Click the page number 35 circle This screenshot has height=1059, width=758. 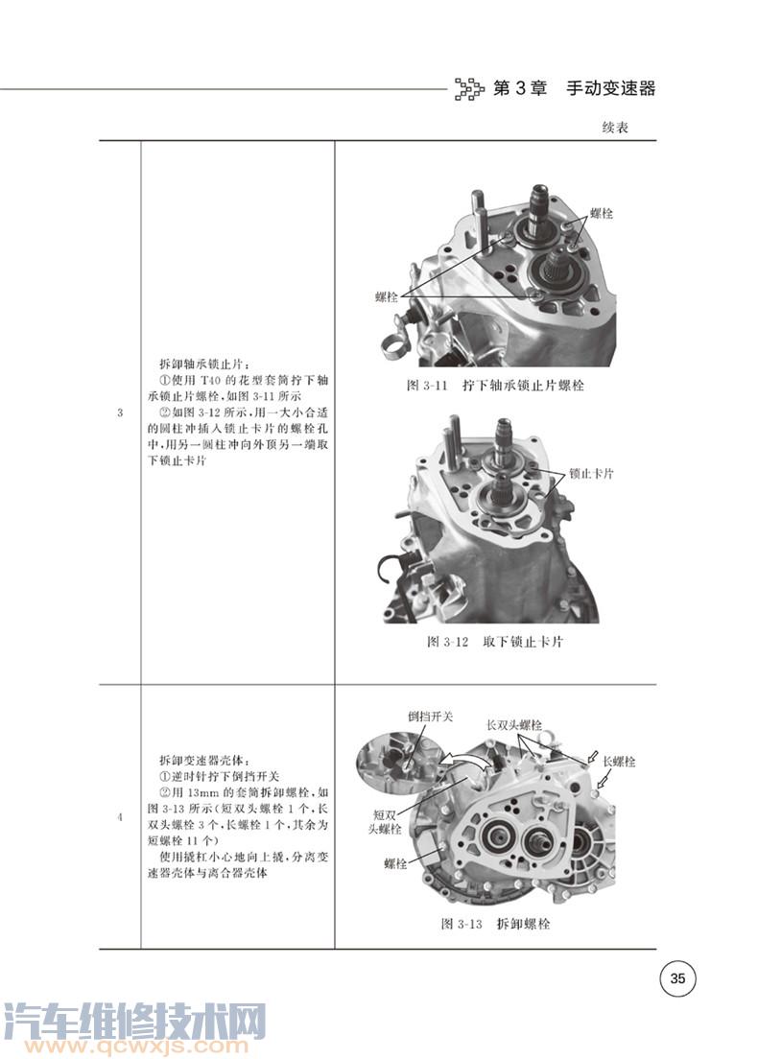tap(677, 977)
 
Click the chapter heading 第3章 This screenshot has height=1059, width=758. tap(519, 88)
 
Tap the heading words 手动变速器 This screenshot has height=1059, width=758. tap(611, 88)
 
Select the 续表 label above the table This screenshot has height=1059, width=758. tap(615, 127)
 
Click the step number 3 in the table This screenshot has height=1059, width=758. tap(120, 412)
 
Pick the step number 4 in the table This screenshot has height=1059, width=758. tap(120, 816)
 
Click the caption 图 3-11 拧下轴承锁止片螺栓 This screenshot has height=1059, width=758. tap(495, 386)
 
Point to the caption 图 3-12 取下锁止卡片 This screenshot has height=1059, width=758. tap(495, 642)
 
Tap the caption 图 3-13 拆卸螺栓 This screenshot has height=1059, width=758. tap(495, 923)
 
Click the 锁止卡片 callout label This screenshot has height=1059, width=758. tap(591, 474)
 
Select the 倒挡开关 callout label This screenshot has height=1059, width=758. tap(431, 716)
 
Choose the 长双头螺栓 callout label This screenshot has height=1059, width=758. tap(514, 725)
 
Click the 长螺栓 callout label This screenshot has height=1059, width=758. tap(619, 762)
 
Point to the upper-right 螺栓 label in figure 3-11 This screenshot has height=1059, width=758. tap(602, 213)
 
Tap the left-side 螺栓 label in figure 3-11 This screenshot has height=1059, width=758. tap(387, 297)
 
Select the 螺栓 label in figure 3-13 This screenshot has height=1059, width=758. tap(395, 863)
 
